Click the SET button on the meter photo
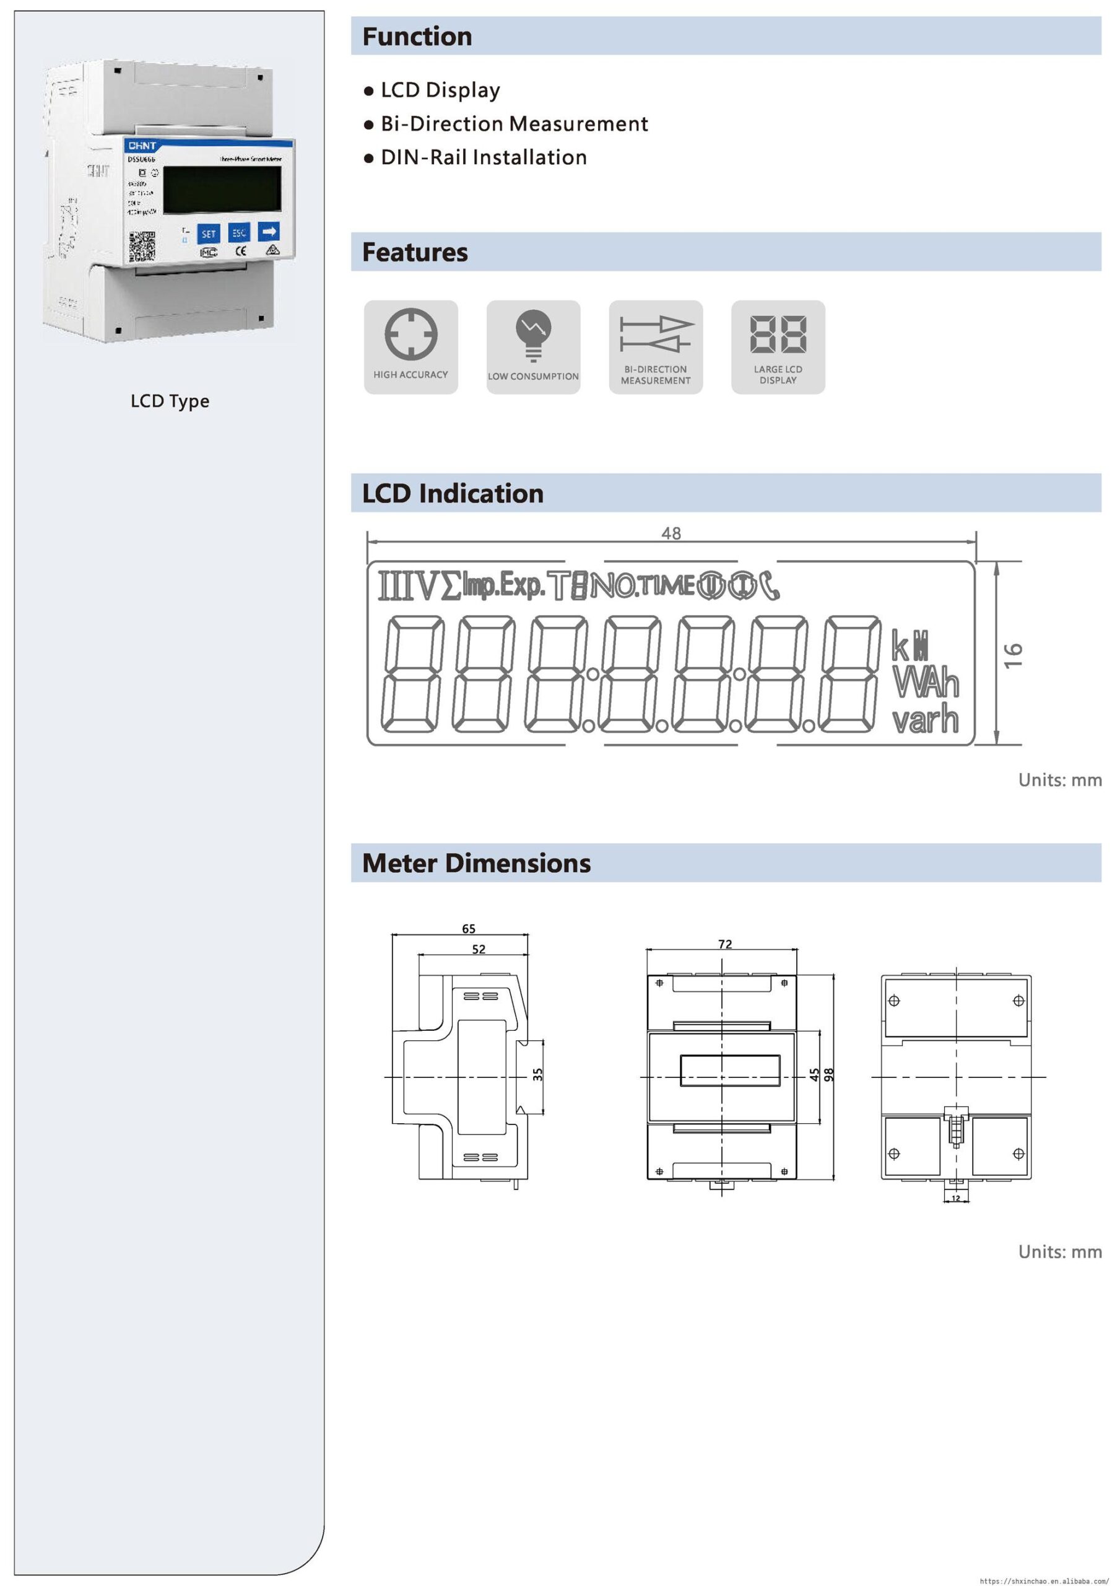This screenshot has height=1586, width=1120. (x=209, y=234)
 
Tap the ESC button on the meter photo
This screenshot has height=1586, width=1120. (x=239, y=233)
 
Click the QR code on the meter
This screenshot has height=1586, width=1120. (x=142, y=247)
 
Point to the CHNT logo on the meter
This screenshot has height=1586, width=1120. (x=142, y=146)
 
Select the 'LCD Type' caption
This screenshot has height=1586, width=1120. (x=170, y=401)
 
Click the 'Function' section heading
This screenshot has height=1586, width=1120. (x=417, y=37)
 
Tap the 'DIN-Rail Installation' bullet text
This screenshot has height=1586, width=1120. (x=484, y=157)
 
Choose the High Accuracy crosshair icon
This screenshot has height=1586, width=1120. (x=411, y=335)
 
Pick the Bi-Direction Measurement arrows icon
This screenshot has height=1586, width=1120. (x=656, y=334)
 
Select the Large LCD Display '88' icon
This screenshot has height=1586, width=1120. (x=778, y=335)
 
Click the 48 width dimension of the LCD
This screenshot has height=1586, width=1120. (x=671, y=533)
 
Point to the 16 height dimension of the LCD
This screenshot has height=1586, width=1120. (x=1013, y=655)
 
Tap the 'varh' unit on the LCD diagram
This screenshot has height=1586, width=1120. (x=925, y=720)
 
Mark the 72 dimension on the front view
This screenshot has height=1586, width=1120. (x=724, y=944)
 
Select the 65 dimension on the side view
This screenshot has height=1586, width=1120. (x=468, y=929)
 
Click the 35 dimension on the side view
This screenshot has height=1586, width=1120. (x=538, y=1074)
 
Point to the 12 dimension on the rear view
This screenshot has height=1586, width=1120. (x=956, y=1198)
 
